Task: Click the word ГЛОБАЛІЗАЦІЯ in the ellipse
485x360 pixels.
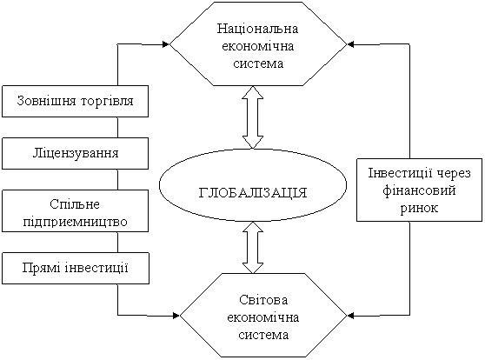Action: click(x=253, y=192)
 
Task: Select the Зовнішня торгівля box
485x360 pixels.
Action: click(x=75, y=101)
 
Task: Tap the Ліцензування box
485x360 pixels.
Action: click(x=75, y=154)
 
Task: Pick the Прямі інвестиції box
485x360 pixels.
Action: click(x=76, y=268)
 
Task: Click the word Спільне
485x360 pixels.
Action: click(x=75, y=204)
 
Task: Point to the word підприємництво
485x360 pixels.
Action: click(x=75, y=222)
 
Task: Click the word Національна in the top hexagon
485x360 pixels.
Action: click(x=257, y=29)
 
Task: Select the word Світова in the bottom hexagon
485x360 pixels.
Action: click(x=263, y=300)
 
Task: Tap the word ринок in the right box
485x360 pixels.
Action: click(x=419, y=208)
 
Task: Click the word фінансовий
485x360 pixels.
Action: click(x=419, y=190)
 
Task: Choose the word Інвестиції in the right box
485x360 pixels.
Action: click(x=399, y=173)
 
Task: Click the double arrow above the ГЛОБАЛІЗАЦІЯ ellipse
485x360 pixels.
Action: click(x=253, y=117)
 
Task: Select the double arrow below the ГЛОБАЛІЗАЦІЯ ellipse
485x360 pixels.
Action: click(x=253, y=248)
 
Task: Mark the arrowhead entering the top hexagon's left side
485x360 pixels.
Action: click(x=165, y=44)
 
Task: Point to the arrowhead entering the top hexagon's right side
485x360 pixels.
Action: click(x=351, y=44)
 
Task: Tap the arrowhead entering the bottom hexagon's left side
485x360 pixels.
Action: click(x=176, y=316)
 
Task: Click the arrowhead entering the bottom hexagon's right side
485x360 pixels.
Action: click(x=351, y=316)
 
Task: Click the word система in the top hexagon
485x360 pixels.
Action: click(x=258, y=63)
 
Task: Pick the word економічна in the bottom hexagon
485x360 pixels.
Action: click(x=263, y=317)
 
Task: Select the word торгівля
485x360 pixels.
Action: click(x=107, y=101)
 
